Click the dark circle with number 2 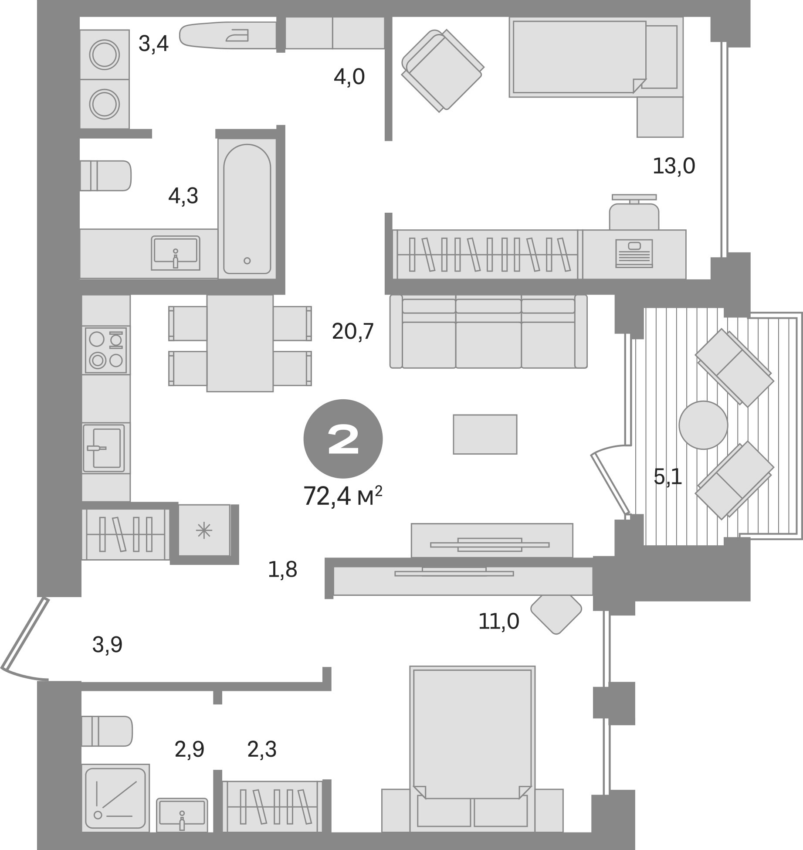tap(343, 439)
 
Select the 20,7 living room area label tap(352, 332)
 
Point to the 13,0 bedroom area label tap(674, 166)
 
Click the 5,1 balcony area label tap(667, 477)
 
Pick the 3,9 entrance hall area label tap(107, 645)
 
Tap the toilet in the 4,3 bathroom tap(106, 176)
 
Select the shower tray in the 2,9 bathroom tap(115, 797)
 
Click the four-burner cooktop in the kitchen tap(106, 350)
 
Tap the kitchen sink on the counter tap(104, 448)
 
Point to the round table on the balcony tap(703, 425)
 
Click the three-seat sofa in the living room tap(488, 332)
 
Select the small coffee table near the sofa tap(485, 434)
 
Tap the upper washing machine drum tap(105, 55)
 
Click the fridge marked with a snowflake tap(204, 530)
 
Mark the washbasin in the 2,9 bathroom tap(182, 814)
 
